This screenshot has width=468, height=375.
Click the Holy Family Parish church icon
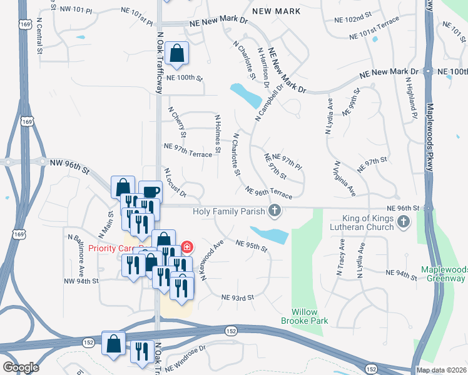click(x=274, y=211)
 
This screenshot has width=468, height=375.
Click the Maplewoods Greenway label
click(x=443, y=274)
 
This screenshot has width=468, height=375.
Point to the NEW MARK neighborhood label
click(x=276, y=11)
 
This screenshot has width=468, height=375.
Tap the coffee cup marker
click(x=150, y=192)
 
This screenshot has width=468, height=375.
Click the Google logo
click(x=21, y=367)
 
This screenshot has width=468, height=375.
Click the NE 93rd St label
click(x=237, y=297)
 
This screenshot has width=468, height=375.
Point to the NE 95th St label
click(x=252, y=245)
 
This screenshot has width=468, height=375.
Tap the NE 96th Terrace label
click(x=268, y=192)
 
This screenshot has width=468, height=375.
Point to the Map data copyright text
click(x=441, y=370)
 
